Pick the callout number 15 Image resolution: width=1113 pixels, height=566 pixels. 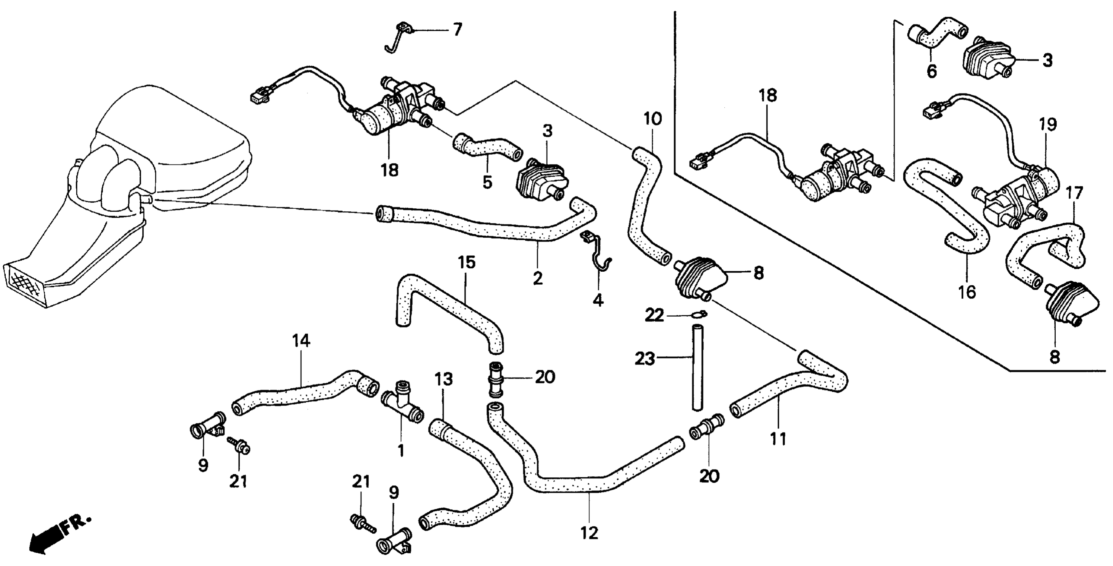click(467, 262)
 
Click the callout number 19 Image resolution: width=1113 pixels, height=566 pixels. click(1049, 124)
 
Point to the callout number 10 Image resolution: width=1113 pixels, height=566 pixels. click(652, 118)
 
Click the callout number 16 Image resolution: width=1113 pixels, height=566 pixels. click(967, 292)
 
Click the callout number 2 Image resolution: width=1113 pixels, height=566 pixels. click(538, 278)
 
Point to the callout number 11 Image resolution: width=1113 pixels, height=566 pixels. click(778, 439)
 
